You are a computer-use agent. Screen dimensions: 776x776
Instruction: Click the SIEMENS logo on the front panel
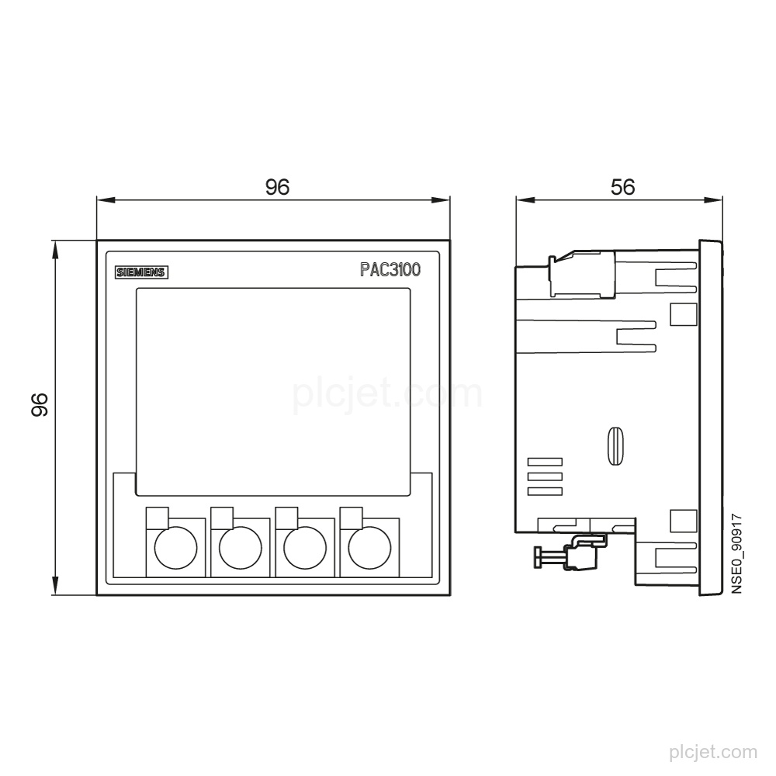(x=141, y=272)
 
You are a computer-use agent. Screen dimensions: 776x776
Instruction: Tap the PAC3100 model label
(x=390, y=270)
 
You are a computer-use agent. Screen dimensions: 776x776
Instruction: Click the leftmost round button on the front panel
(x=175, y=548)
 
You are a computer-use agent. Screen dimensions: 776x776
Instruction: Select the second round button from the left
(x=241, y=548)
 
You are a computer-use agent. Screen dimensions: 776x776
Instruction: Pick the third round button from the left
(x=305, y=548)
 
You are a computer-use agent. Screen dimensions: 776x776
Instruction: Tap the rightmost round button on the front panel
(x=369, y=548)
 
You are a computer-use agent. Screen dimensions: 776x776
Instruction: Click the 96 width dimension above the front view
(x=277, y=187)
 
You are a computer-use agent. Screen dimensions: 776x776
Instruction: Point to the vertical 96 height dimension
(x=39, y=404)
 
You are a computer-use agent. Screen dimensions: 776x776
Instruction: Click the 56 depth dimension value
(x=622, y=187)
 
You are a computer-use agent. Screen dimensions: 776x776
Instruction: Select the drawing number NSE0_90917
(x=737, y=554)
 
